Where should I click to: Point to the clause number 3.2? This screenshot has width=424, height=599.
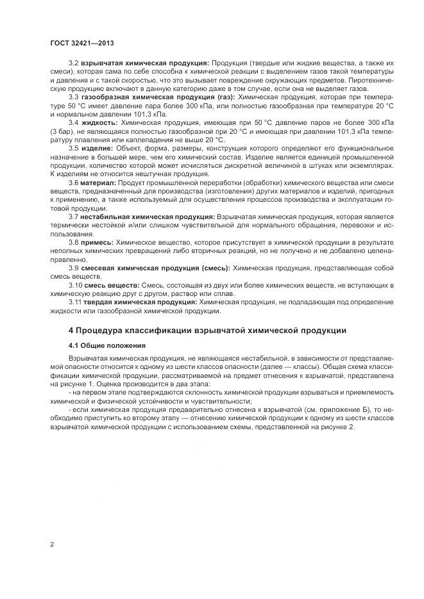(x=73, y=63)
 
